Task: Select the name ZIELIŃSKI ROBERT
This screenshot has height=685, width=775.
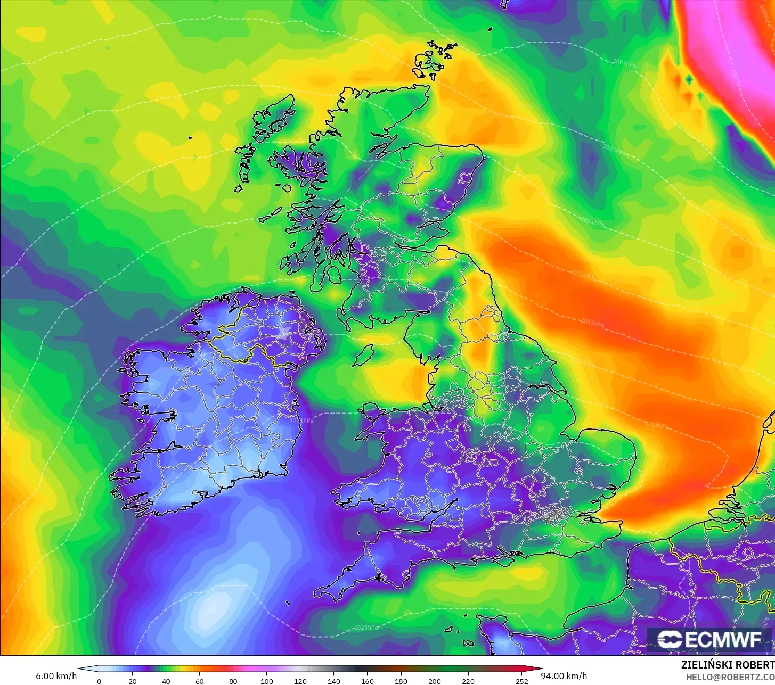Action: coord(728,665)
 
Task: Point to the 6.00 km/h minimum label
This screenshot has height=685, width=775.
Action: coord(56,676)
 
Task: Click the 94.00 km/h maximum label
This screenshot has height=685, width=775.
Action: coord(564,676)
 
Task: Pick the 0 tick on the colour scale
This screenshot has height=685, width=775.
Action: coord(99,681)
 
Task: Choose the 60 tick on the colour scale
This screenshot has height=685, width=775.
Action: coord(200,681)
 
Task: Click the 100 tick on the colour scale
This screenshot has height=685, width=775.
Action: coord(267,681)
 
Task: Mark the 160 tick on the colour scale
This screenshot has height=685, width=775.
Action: coord(368,681)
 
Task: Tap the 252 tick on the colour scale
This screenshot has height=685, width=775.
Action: coord(522,681)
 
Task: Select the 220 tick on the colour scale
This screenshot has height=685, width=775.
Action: coord(468,681)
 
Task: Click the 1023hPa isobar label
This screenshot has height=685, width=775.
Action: coord(366,628)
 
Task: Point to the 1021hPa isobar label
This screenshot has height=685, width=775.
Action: coord(301,420)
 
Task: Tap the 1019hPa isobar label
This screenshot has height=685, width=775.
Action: coord(656,425)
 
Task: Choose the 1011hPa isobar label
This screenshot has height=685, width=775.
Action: coord(592,221)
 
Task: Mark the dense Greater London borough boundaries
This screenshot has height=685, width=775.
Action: coord(554,514)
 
